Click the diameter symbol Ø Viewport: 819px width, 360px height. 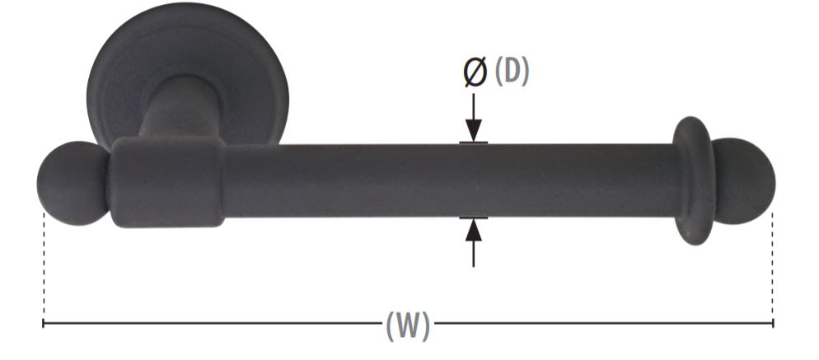[475, 72]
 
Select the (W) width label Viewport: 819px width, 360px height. [408, 326]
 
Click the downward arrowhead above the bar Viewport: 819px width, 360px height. [474, 130]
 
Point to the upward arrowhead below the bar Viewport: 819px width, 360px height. [474, 230]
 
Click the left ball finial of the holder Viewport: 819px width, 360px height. [72, 183]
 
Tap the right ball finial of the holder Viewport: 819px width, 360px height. [744, 181]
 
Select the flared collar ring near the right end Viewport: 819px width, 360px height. [693, 180]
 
